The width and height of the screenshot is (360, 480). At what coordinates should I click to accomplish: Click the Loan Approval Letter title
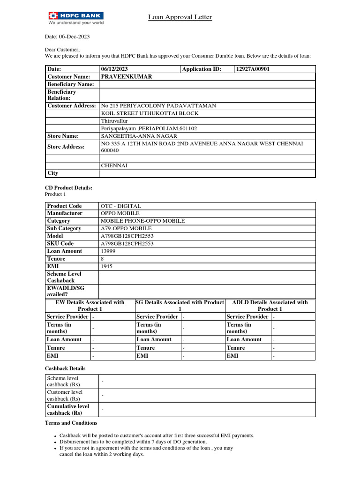[180, 17]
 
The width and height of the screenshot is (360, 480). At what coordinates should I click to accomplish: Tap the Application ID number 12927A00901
[253, 69]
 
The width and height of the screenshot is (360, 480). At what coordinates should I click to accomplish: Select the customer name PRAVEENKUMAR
[126, 76]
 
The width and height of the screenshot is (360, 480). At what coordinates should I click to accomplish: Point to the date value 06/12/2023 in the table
[114, 69]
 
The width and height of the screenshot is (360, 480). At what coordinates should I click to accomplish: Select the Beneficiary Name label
[70, 84]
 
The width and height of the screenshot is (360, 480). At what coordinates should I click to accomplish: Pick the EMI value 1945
[106, 266]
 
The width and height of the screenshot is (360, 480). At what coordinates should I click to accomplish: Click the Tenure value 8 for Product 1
[102, 259]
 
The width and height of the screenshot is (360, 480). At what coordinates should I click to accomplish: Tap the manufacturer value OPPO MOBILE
[120, 213]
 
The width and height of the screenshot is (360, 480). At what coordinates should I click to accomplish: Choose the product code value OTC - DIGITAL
[120, 206]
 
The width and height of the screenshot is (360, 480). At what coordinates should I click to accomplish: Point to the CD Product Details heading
[68, 188]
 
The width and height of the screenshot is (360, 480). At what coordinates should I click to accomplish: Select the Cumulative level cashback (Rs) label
[68, 410]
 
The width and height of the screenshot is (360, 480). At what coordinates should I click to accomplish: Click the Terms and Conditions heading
[71, 423]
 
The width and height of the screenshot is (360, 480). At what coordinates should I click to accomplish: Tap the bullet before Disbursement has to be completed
[55, 442]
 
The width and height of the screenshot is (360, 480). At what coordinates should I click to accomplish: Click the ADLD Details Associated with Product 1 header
[270, 306]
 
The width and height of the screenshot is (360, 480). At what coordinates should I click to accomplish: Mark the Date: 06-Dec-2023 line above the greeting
[67, 37]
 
